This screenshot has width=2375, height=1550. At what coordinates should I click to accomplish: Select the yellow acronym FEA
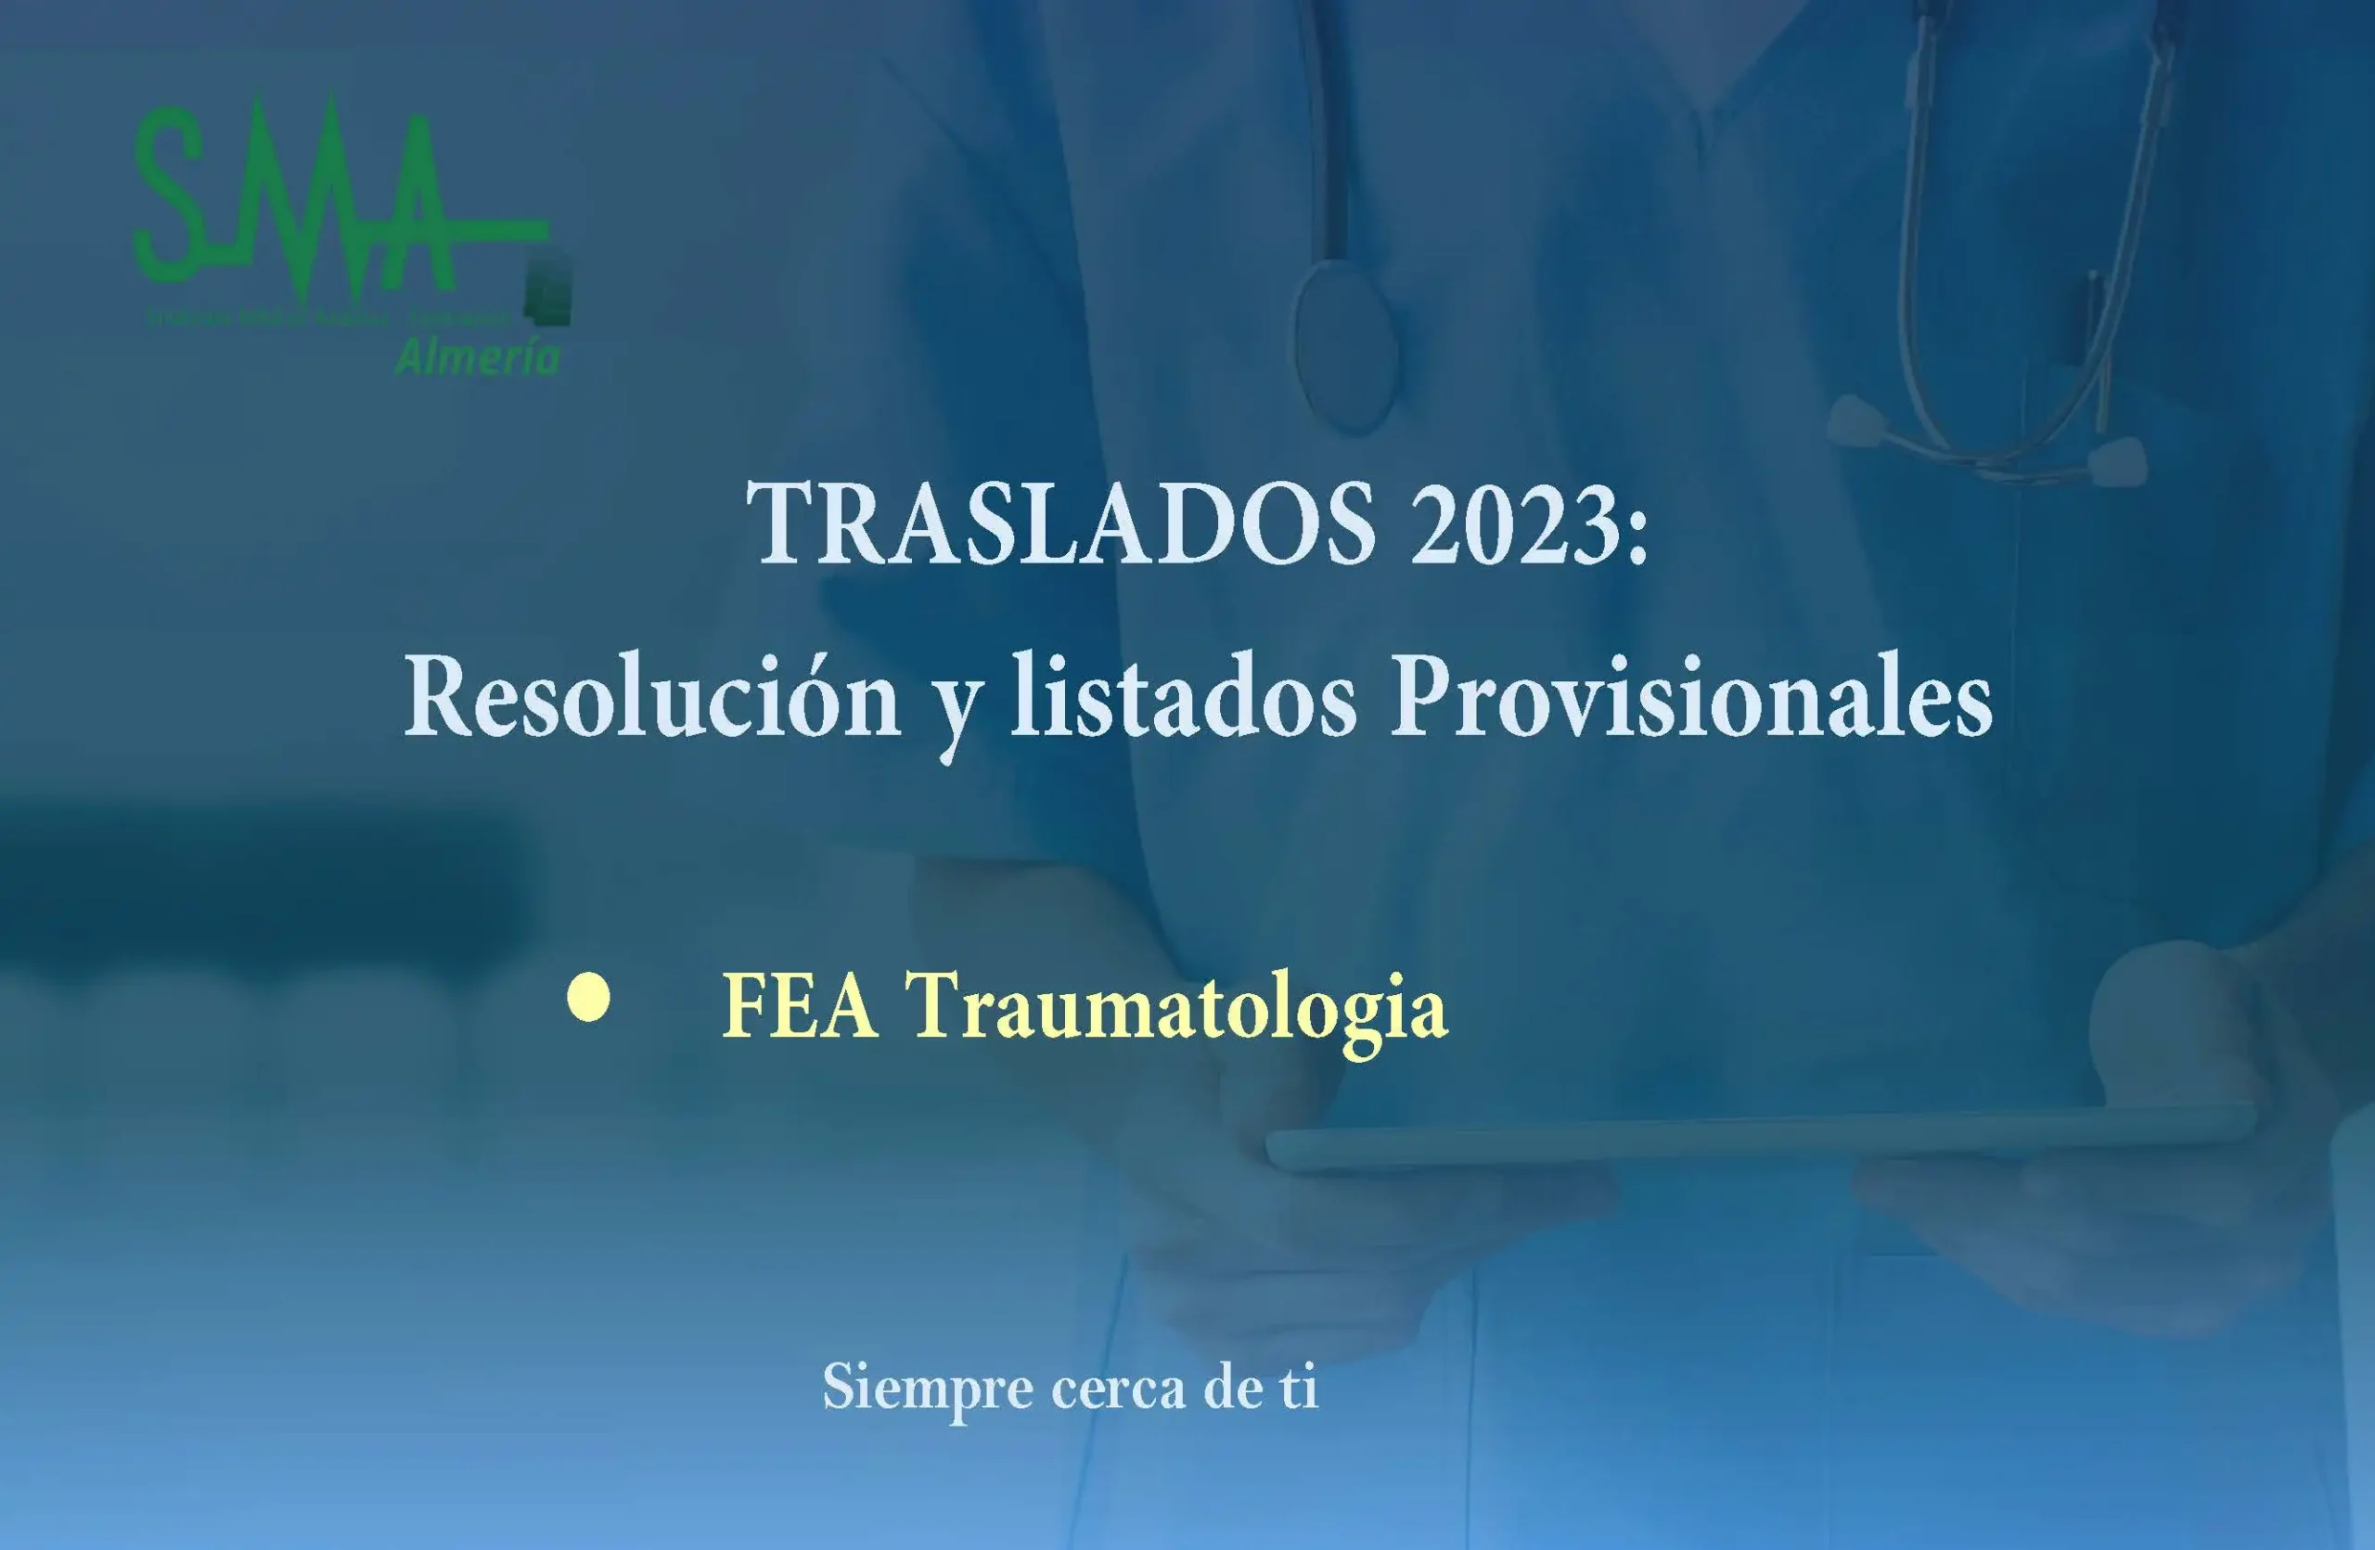coord(801,1006)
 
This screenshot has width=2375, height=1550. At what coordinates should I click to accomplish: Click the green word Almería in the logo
coord(478,356)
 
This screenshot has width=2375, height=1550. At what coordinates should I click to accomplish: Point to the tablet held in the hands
coord(1756,1138)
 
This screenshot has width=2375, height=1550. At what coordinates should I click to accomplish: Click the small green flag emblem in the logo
coord(549,290)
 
